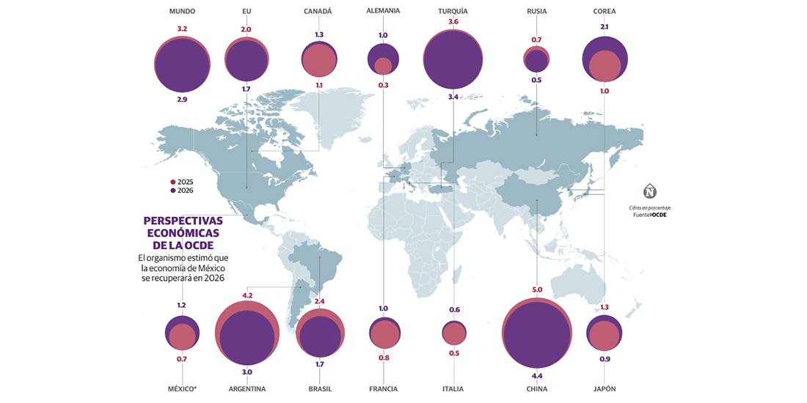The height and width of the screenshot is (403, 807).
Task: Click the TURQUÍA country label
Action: pos(453,12)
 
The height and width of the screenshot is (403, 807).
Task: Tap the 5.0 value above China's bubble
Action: pos(537,290)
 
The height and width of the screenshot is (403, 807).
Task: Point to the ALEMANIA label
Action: pos(383,11)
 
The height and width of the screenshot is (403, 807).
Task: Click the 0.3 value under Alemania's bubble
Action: pos(383,86)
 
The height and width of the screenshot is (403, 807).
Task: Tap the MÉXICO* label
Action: pos(181,388)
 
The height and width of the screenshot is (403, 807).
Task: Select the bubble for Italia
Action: pos(454,333)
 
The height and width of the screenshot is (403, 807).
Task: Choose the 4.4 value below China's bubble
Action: pos(537,377)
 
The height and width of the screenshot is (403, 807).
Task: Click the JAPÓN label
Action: pos(604,388)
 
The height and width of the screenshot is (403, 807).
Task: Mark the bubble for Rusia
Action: pos(536,59)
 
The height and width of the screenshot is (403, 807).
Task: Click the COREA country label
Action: pos(604,12)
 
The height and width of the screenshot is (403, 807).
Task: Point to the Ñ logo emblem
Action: pos(650,193)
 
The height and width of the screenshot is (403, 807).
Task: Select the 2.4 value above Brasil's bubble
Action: pos(319,301)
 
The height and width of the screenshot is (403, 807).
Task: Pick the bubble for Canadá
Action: pos(319,59)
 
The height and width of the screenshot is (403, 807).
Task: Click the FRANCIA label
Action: pos(384,388)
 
